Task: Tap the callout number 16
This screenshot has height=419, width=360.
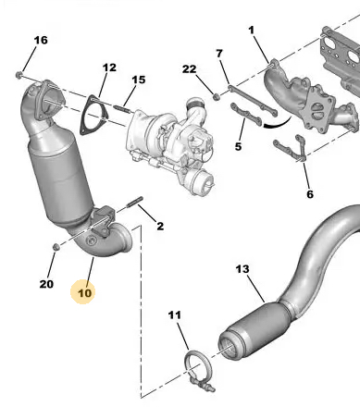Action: (41, 40)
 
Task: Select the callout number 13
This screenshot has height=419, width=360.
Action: (242, 269)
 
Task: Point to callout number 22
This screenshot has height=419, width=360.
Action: (189, 69)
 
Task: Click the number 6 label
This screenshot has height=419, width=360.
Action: (310, 194)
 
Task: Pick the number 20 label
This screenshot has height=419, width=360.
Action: (46, 284)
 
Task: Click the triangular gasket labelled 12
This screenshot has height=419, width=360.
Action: (93, 115)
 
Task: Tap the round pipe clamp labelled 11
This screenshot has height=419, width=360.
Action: (198, 367)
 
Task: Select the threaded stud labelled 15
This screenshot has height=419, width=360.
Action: (123, 109)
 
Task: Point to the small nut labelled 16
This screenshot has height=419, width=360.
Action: (19, 75)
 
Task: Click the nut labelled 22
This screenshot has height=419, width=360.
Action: (217, 97)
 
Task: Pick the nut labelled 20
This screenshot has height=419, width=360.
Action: (56, 247)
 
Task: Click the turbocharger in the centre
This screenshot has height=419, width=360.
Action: (171, 145)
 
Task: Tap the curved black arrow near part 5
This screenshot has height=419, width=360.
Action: (277, 123)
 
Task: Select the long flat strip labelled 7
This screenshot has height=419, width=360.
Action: (253, 101)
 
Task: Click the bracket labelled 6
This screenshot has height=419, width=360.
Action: (291, 149)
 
